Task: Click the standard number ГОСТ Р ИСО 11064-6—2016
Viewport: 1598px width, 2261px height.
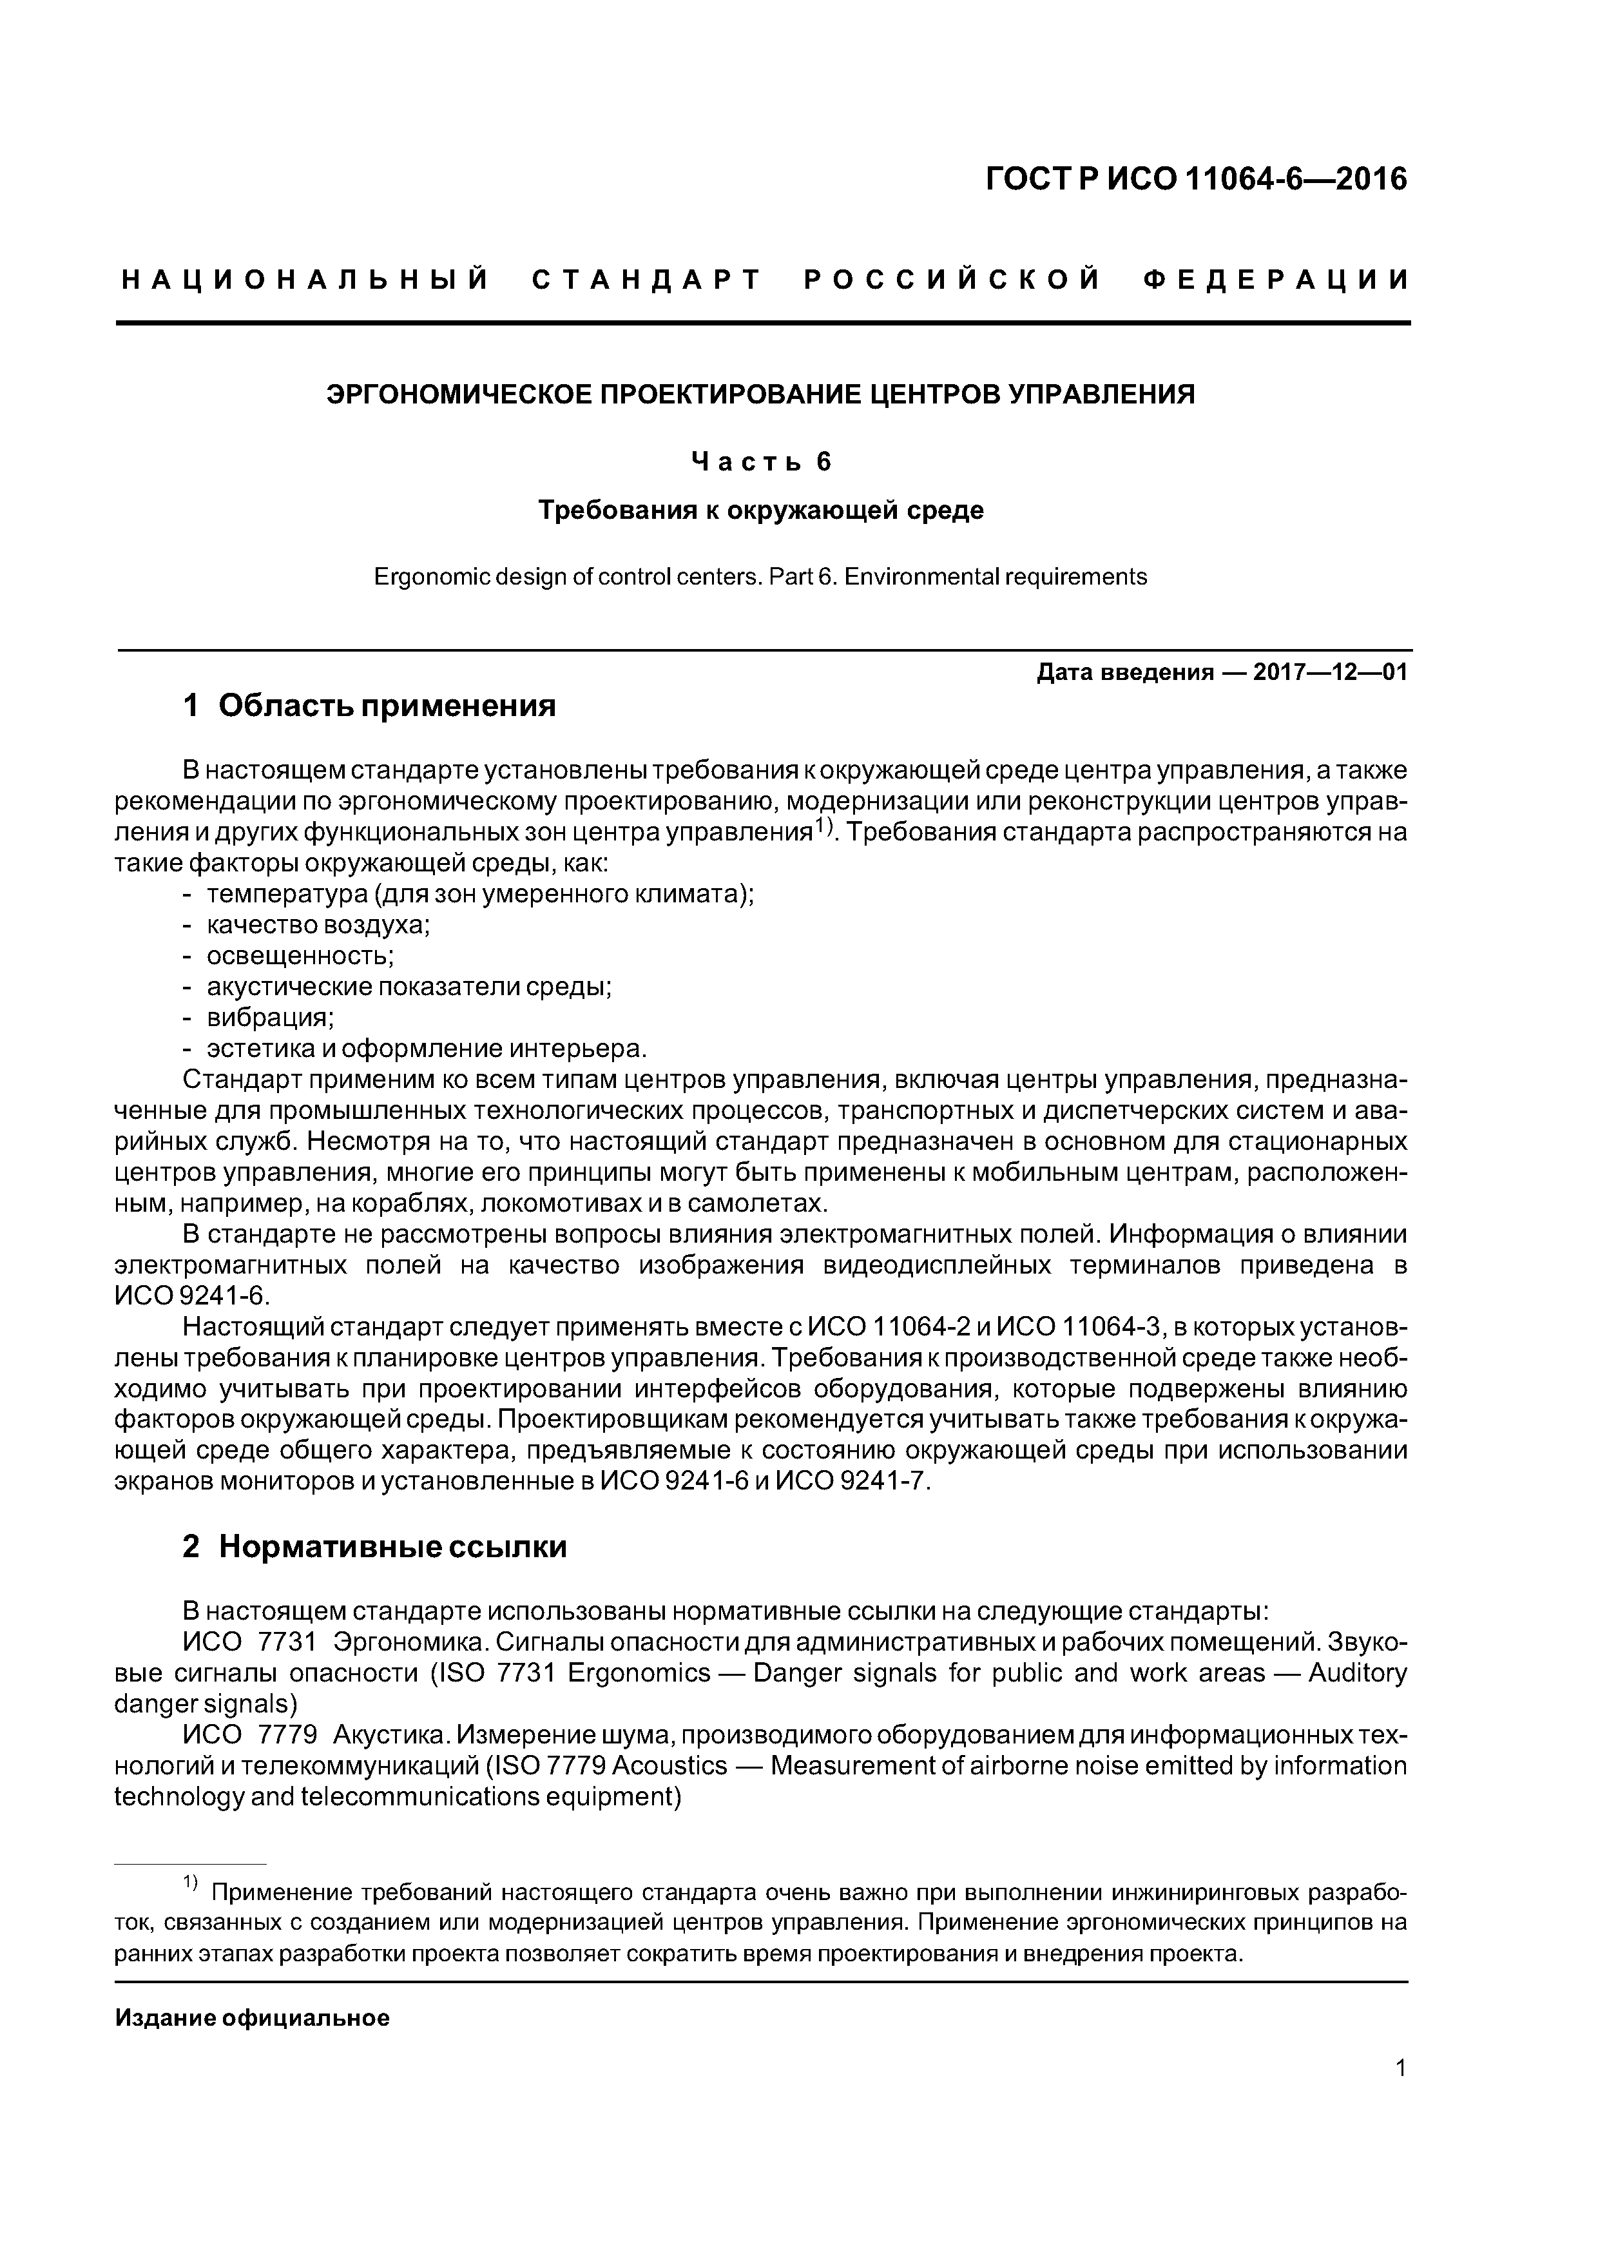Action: tap(1197, 179)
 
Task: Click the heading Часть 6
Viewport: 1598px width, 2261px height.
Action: tap(761, 462)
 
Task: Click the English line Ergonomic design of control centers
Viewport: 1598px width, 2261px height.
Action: tap(760, 576)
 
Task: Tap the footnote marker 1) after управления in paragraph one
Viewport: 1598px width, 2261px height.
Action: tap(824, 828)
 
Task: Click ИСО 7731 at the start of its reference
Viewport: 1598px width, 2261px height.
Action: tap(250, 1642)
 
